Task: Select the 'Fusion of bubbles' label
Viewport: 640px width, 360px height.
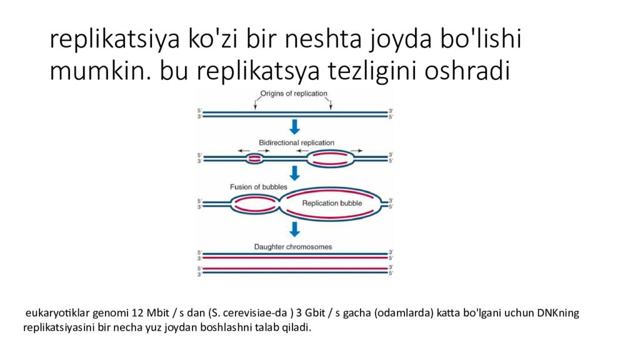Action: click(259, 187)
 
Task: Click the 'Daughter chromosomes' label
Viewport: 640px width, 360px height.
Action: click(292, 247)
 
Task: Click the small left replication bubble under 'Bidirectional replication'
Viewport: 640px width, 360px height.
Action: click(254, 159)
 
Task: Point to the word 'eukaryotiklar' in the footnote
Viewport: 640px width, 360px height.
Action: click(57, 313)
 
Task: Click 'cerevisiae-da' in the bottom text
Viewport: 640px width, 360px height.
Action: click(259, 313)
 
